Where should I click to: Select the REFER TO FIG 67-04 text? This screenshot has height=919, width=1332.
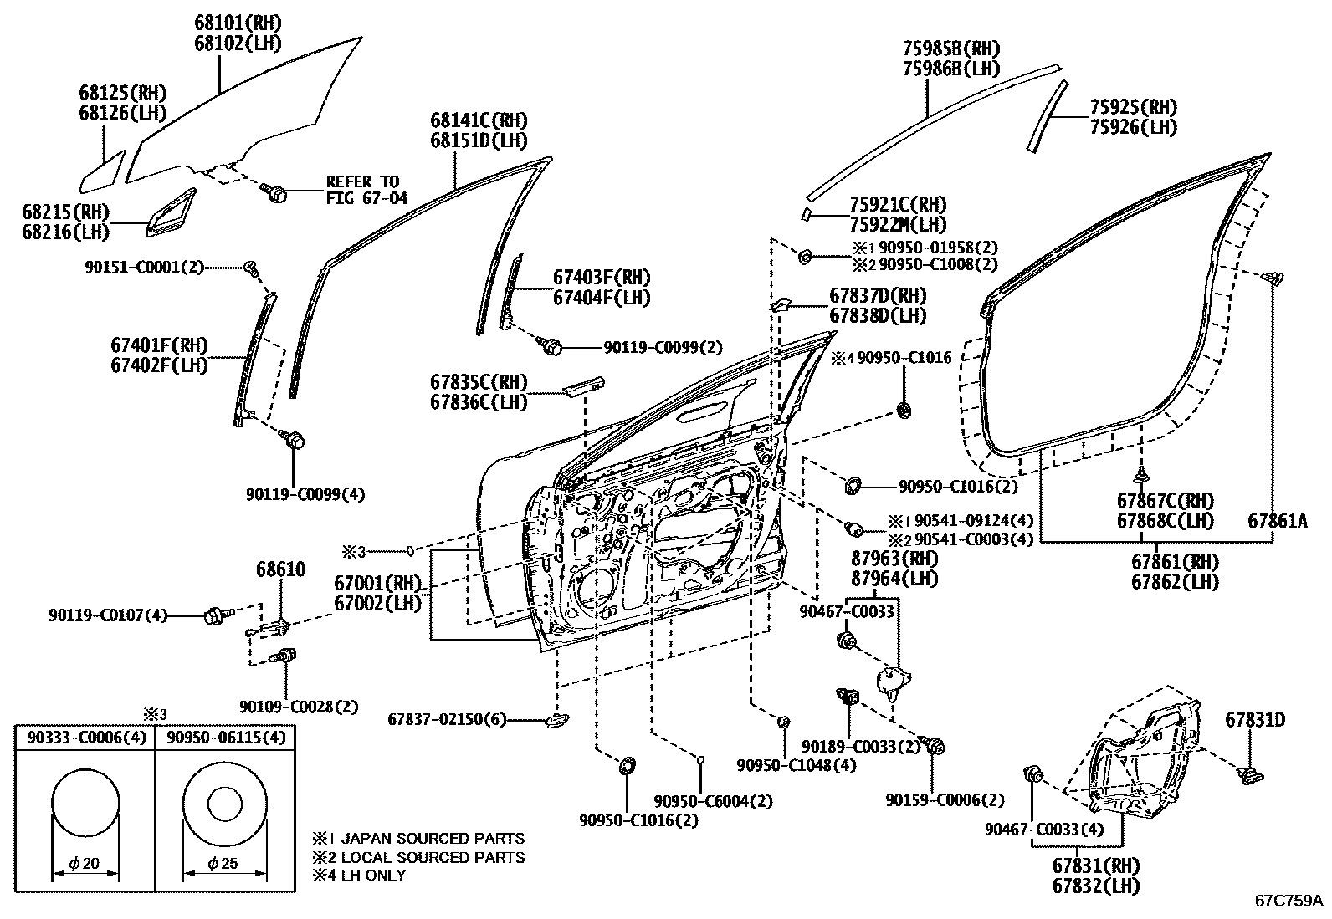tap(362, 190)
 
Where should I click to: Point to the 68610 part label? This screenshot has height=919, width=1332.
tap(280, 569)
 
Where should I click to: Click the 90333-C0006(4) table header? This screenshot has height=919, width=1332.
tap(85, 738)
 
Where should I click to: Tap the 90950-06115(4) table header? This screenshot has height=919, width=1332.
tap(225, 738)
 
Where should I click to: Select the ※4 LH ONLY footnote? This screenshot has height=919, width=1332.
tap(360, 876)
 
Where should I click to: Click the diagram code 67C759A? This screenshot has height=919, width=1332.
tap(1288, 901)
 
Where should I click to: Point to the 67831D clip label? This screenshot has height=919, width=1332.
tap(1255, 720)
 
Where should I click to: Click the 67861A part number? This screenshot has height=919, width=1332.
tap(1278, 520)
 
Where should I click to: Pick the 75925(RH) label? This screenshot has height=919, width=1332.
tap(1133, 107)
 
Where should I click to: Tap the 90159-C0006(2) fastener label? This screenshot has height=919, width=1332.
tap(945, 800)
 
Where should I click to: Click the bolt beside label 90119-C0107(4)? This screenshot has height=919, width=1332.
tap(213, 616)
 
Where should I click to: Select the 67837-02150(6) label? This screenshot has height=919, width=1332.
tap(447, 720)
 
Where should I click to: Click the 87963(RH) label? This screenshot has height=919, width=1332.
tap(894, 559)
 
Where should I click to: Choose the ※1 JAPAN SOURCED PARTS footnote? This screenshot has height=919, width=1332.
tap(418, 838)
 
